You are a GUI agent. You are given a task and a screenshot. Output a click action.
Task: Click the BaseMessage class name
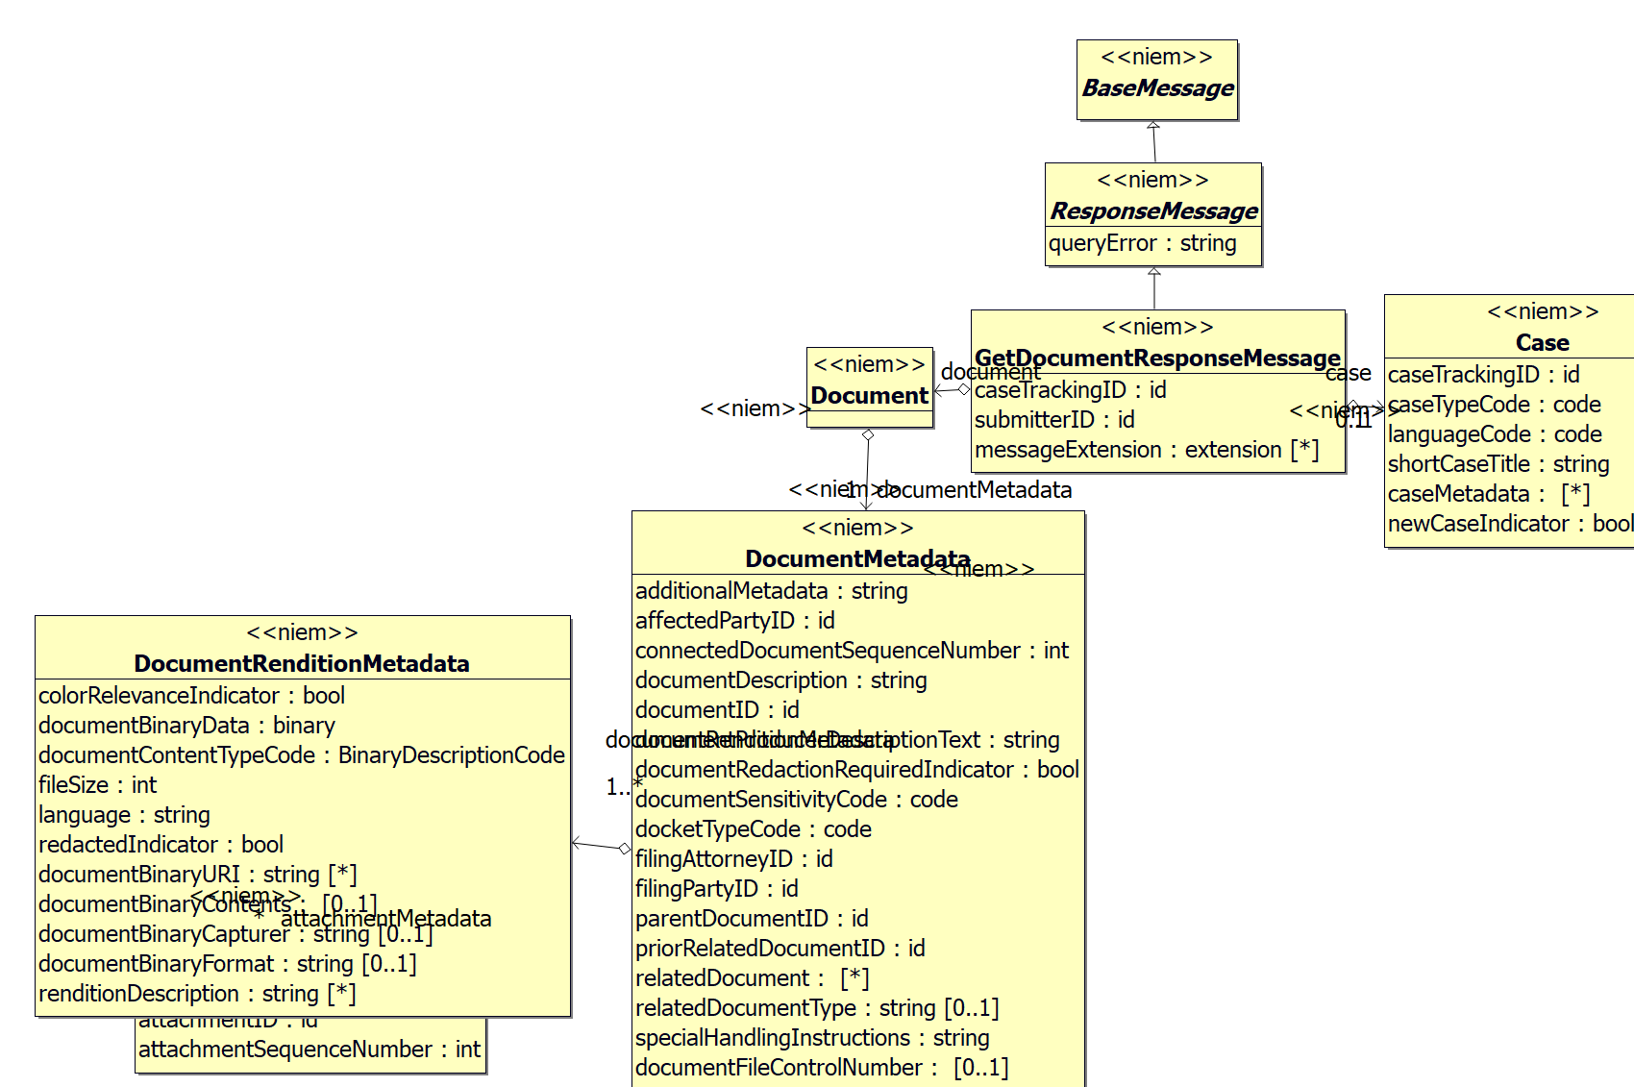coord(1157,88)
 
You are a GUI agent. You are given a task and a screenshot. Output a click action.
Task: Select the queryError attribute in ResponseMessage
coord(1142,244)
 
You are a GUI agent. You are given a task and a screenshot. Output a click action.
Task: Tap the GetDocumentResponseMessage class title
coord(1157,358)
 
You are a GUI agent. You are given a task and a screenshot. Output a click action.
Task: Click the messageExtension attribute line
coord(1146,450)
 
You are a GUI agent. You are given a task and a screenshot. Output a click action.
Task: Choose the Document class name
coord(869,396)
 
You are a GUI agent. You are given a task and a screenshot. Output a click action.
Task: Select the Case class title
coord(1542,343)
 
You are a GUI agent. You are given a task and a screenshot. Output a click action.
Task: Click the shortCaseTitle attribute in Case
coord(1498,464)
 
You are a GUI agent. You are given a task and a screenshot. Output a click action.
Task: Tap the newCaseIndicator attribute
coord(1509,524)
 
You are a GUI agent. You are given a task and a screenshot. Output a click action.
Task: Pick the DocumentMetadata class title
coord(857,559)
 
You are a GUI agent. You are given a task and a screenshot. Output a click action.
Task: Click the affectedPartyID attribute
coord(734,621)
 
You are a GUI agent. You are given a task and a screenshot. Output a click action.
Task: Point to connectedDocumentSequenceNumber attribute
coord(851,651)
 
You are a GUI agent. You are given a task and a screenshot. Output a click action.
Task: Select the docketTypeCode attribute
coord(753,829)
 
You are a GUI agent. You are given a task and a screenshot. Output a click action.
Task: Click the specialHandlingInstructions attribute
coord(811,1038)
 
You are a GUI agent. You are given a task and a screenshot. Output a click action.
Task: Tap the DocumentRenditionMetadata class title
coord(302,664)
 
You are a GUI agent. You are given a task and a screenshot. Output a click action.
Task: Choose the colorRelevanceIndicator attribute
coord(191,696)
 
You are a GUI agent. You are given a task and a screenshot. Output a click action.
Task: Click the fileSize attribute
coord(97,785)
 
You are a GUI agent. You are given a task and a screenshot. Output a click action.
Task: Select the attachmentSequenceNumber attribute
coord(309,1050)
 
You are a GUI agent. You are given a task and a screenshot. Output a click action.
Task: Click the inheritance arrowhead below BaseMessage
coord(1153,126)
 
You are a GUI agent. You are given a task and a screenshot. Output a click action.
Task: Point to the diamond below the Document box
coord(868,435)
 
